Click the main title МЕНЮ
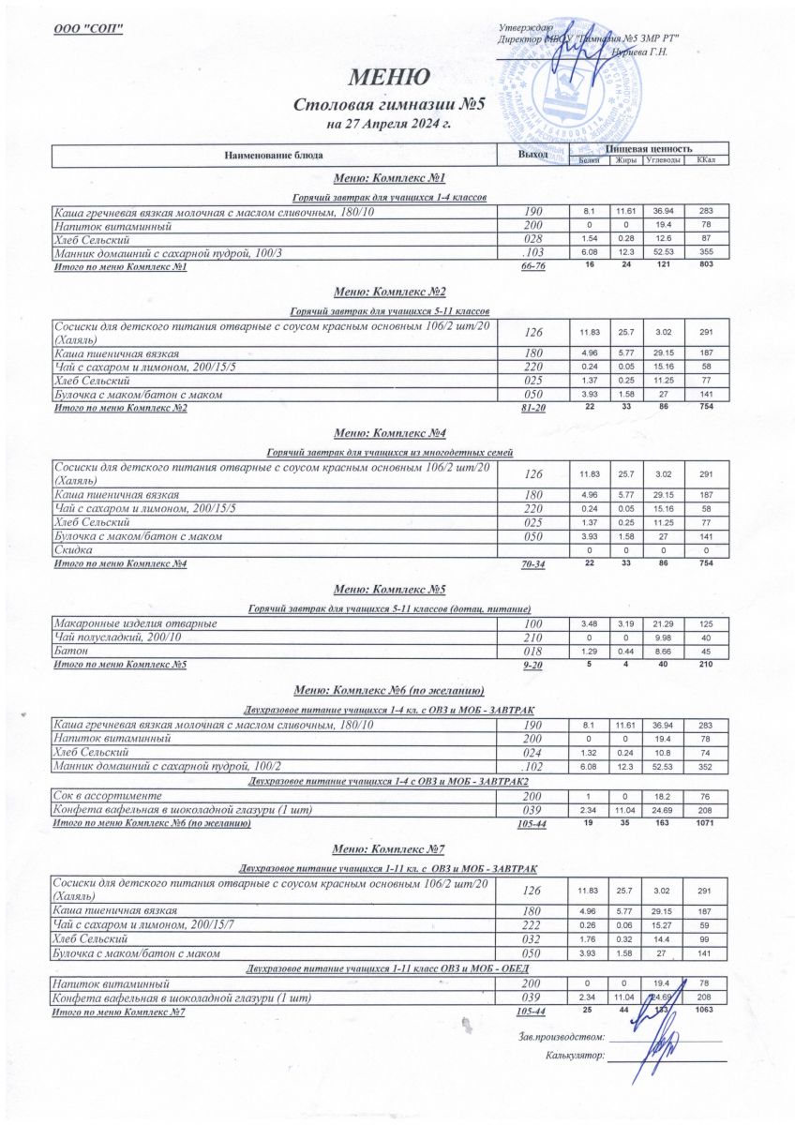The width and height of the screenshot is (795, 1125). pos(390,77)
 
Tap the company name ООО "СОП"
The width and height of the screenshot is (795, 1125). pos(89,25)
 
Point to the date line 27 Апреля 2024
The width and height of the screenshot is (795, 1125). pos(389,124)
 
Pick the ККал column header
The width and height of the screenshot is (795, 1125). pos(705,160)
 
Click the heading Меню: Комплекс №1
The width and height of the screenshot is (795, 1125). pos(389,178)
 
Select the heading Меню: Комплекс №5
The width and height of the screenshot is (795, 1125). pos(389,590)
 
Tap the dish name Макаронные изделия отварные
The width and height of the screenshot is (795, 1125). pos(136,623)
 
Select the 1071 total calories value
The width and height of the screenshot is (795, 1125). pos(706,822)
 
